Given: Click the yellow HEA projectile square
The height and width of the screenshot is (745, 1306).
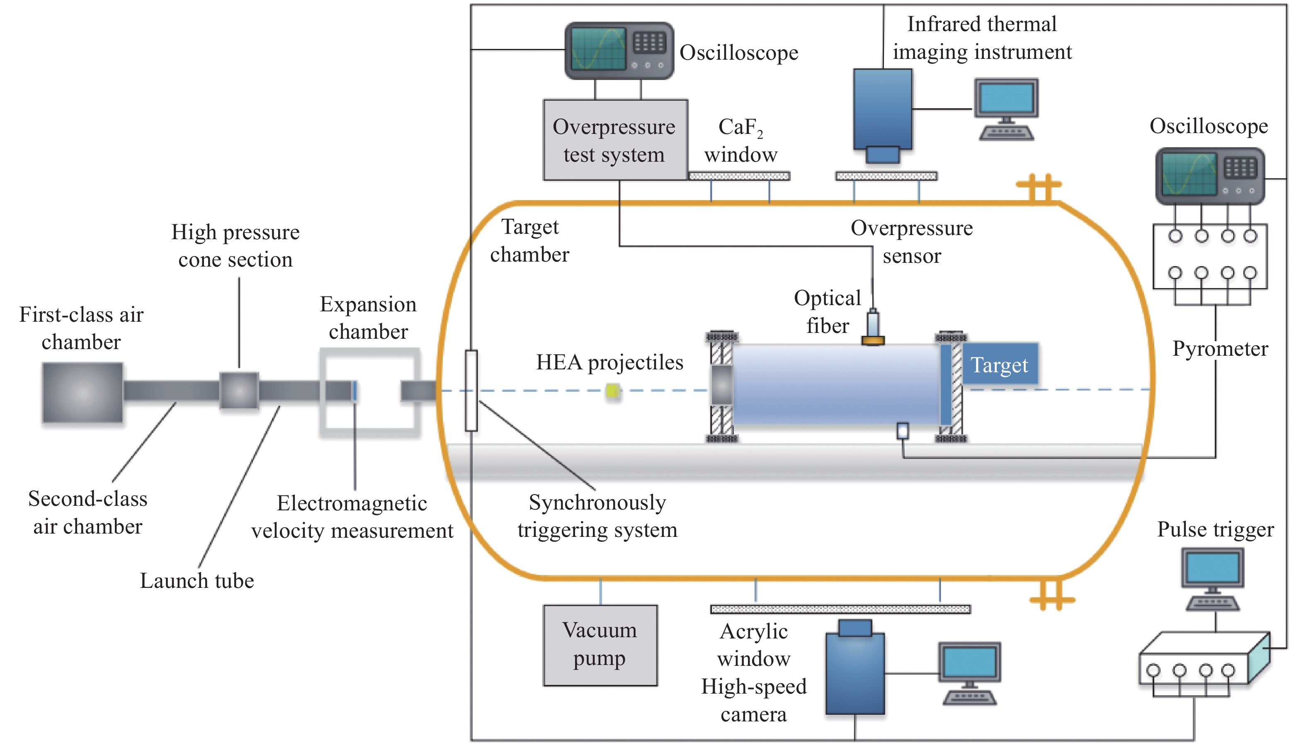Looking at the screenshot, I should (612, 391).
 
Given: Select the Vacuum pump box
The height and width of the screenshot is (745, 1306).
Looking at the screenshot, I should (600, 645).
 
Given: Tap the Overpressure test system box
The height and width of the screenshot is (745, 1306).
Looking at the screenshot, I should (614, 140).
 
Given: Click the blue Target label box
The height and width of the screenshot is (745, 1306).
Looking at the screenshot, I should (999, 364).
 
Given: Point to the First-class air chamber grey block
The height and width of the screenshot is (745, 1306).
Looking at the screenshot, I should (83, 393).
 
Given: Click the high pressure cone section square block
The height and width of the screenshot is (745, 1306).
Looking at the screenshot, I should (239, 391).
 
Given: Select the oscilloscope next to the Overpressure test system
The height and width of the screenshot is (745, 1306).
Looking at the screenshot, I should (619, 50).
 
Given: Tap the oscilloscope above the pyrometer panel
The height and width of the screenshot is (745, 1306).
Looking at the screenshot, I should (1209, 175).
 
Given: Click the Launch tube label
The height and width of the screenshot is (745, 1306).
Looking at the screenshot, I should (197, 581).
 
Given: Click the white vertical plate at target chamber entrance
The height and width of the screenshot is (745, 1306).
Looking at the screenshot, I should (471, 391).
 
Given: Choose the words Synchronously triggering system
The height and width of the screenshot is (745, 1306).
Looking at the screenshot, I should (597, 516).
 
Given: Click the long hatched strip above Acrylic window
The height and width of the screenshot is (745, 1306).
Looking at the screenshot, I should (840, 609).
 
